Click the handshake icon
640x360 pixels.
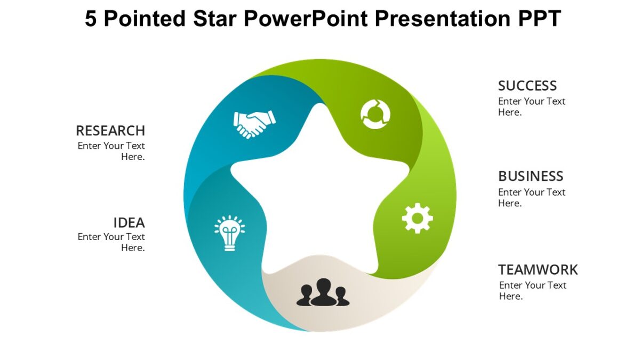(254, 124)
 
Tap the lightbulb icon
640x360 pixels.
(229, 233)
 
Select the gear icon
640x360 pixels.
(417, 218)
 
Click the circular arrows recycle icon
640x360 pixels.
(375, 114)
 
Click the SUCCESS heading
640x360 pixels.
(527, 86)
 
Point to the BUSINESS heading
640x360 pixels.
(530, 176)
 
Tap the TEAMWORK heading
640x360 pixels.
(538, 269)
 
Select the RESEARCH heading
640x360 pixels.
(110, 131)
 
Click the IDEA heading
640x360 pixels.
(129, 222)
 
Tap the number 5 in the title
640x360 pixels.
(91, 19)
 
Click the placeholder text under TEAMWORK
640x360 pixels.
(532, 291)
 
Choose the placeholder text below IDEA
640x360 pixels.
(111, 242)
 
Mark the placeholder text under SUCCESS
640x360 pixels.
(531, 107)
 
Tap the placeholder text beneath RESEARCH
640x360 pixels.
(111, 151)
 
